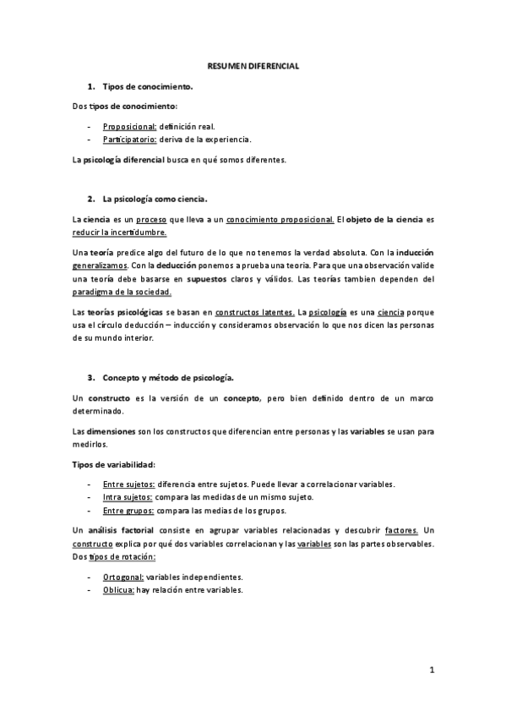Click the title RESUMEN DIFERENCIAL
[x=253, y=65]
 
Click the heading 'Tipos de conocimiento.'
[x=148, y=86]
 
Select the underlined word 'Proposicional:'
[x=142, y=125]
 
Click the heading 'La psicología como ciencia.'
[x=155, y=199]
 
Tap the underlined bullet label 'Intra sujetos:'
[x=128, y=497]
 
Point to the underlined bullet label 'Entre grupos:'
[x=128, y=511]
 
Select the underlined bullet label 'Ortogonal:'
[x=123, y=577]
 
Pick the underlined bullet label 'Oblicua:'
[x=119, y=590]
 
